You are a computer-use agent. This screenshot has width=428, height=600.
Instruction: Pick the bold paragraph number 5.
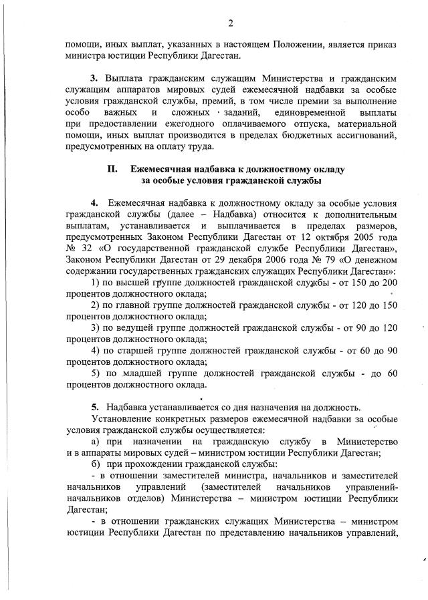(95, 407)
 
